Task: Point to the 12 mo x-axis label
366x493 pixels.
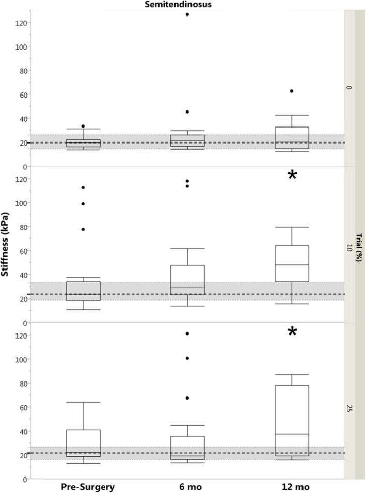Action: coord(292,487)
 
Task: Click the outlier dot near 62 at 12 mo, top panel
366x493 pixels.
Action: coord(292,91)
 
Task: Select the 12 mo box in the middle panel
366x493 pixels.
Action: coord(292,263)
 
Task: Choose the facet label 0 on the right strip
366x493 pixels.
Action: coord(349,88)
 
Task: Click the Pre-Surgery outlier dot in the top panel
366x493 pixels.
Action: coord(83,126)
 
